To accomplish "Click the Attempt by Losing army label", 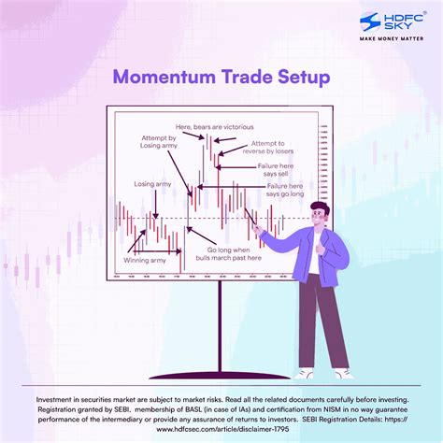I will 150,146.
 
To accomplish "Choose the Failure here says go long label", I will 284,191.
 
